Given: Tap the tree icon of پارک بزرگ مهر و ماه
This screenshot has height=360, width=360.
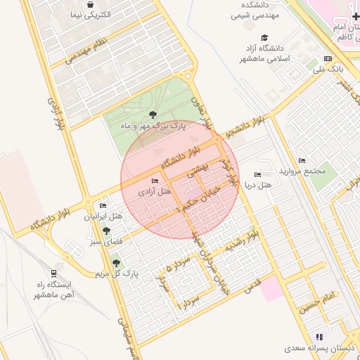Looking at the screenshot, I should [153, 114].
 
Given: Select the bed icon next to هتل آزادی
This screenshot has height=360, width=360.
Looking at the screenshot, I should [155, 181].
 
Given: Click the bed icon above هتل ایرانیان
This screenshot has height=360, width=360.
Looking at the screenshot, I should [103, 206].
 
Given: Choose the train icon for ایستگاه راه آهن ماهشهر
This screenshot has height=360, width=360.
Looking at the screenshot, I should [54, 273].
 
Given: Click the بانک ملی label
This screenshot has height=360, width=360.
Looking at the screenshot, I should [328, 69].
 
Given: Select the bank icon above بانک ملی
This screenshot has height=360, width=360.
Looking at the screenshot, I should [328, 58].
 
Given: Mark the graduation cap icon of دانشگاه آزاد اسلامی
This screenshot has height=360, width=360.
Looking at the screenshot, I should [264, 38].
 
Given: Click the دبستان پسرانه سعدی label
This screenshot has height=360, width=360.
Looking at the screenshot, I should [321, 348].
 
